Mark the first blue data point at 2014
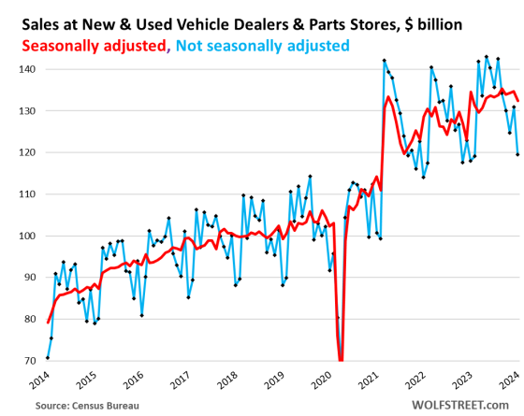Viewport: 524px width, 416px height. click(48, 358)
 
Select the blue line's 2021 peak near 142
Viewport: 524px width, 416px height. click(385, 61)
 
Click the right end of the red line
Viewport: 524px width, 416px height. click(518, 101)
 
